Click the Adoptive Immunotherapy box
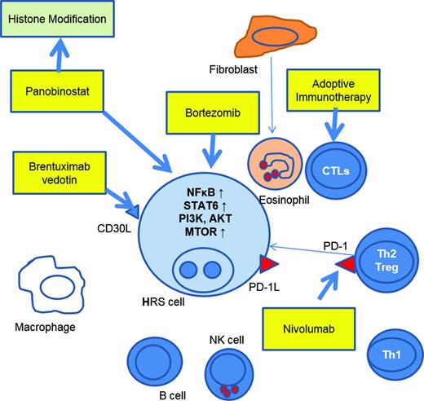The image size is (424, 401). tap(333, 90)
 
